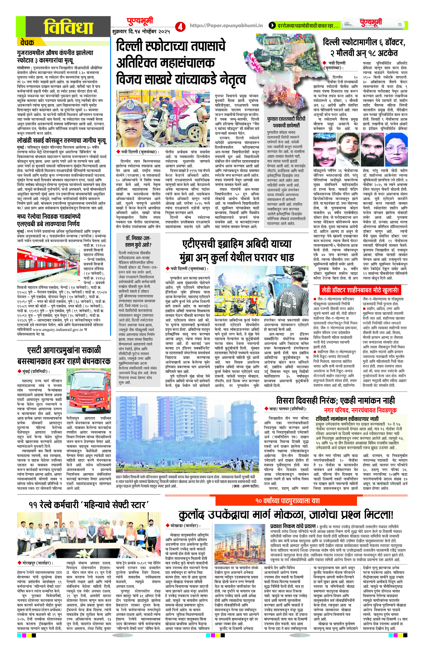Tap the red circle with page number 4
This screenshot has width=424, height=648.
[179, 26]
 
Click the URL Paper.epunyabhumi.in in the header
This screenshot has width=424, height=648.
[226, 25]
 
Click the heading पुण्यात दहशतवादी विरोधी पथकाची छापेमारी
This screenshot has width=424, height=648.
[286, 122]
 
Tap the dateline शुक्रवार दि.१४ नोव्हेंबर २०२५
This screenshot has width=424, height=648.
[141, 32]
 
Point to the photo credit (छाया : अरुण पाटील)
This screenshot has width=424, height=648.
[244, 486]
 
